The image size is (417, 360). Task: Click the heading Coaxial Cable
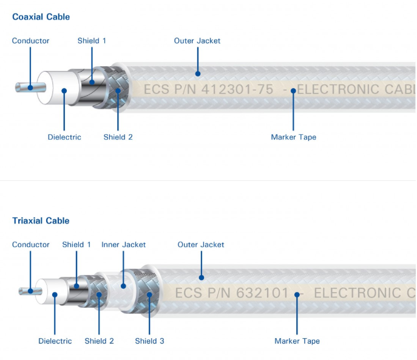coord(41,17)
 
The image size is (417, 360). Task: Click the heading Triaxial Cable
coord(41,221)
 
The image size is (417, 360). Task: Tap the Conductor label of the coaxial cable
coord(31,41)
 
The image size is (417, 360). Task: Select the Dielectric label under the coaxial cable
coord(64,137)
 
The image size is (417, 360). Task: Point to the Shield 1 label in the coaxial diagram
coord(92,41)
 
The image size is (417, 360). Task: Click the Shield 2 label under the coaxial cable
coord(118,137)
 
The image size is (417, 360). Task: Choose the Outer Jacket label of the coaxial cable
coord(197,41)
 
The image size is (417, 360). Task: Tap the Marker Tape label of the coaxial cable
coord(293,137)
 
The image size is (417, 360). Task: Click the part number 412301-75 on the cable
coord(237,90)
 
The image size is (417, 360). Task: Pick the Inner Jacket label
coord(123,245)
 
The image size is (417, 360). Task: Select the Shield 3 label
coord(149,341)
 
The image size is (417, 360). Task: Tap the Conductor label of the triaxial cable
coord(31,245)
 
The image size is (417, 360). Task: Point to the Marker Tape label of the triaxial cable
coord(297,341)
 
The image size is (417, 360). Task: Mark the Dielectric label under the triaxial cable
coord(55,341)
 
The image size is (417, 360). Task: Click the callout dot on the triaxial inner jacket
coord(123,285)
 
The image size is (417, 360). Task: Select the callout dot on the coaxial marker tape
coord(293,90)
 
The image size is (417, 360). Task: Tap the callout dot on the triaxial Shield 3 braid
coord(149,295)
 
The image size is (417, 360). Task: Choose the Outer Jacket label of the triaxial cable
coord(201,245)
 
